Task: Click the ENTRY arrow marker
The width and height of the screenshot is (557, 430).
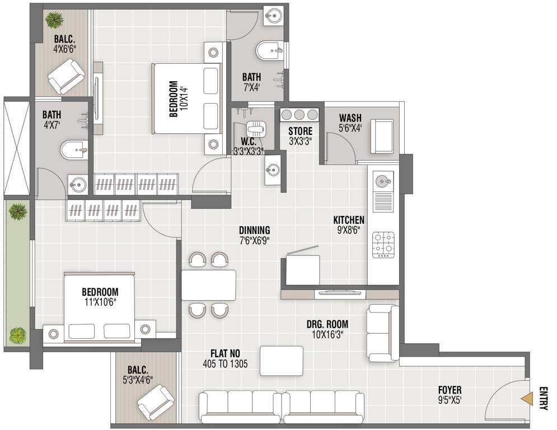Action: [x=527, y=398]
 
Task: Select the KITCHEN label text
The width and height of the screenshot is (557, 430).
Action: [x=349, y=220]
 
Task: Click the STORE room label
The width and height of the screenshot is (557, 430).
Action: [x=300, y=132]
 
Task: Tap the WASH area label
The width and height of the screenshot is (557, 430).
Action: [x=350, y=118]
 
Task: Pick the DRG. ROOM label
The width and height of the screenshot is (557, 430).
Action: [x=327, y=324]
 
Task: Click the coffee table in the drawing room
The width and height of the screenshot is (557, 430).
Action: [x=282, y=361]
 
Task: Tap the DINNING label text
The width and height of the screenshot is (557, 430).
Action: [x=254, y=230]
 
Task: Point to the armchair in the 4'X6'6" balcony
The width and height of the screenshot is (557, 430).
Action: [x=66, y=75]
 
